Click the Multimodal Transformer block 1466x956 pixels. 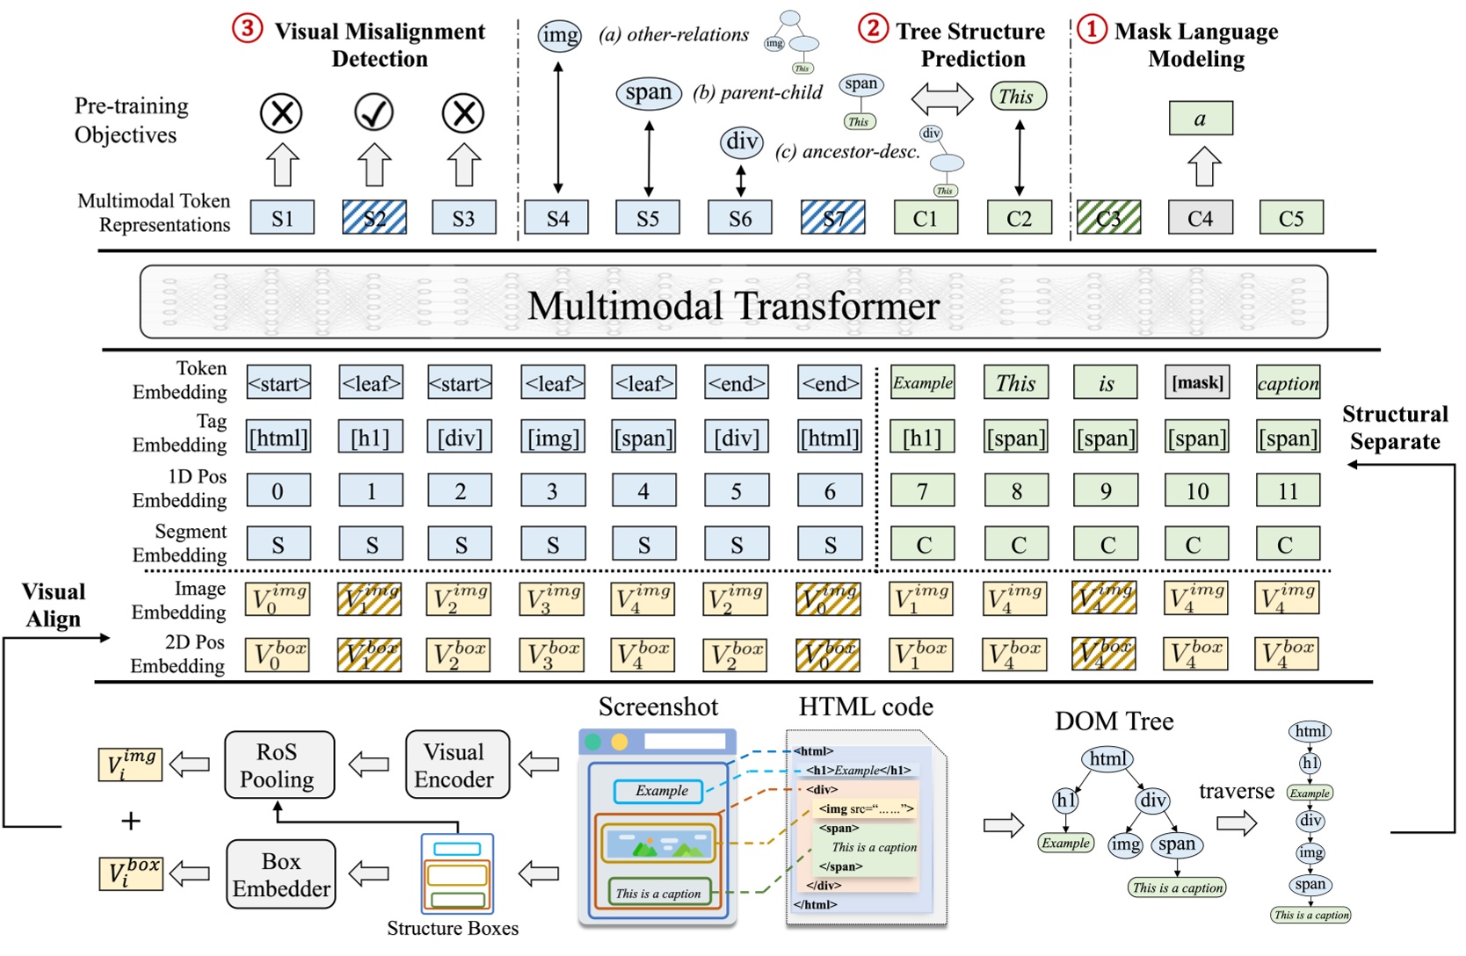pos(733,303)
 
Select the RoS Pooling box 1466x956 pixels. pos(279,765)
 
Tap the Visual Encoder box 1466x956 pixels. pos(457,765)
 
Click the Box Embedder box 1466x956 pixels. pos(280,874)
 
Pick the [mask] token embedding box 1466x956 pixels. pos(1197,383)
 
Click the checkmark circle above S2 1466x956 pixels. pos(374,112)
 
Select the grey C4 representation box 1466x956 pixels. pos(1200,218)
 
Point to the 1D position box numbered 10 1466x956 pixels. pos(1197,491)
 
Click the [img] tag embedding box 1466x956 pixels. pos(553,437)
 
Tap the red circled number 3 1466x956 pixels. pos(247,29)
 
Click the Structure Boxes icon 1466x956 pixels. pos(457,873)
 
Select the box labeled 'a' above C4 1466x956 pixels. pos(1200,119)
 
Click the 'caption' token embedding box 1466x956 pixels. pos(1288,383)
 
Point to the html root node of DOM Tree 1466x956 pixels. pos(1107,759)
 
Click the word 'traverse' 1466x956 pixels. pos(1236,791)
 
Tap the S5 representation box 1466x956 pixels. pos(648,218)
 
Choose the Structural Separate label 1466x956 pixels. pos(1394,428)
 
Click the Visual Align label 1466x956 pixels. pos(54,605)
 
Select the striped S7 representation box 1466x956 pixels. pos(832,218)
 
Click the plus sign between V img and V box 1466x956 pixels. pos(130,822)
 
